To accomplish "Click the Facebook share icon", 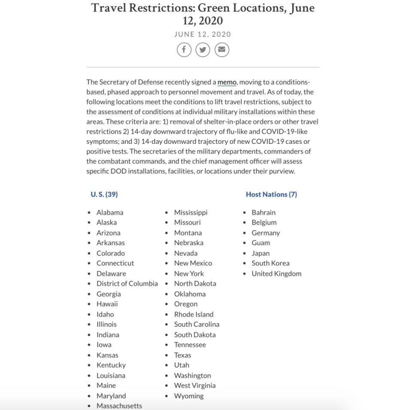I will tap(184, 50).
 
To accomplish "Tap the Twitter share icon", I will tap(202, 50).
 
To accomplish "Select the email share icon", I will tap(221, 50).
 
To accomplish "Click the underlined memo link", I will tap(227, 82).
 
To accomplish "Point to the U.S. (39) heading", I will tap(104, 194).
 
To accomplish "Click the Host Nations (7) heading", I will tap(271, 194).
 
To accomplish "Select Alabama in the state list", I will tap(110, 213).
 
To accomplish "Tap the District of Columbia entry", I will tap(127, 284).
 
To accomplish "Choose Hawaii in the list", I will tap(107, 304).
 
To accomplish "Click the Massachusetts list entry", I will tap(119, 406).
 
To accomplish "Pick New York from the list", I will tap(189, 273).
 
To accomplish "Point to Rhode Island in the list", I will tap(193, 314).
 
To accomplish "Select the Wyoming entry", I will tap(189, 396).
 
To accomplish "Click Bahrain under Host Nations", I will tap(263, 213).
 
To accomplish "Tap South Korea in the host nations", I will tap(270, 263).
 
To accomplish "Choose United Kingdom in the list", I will tap(276, 273).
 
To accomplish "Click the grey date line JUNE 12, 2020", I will tap(202, 34).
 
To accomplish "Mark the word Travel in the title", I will tap(113, 9).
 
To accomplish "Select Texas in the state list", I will tap(182, 355).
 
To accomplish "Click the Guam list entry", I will tap(261, 243).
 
